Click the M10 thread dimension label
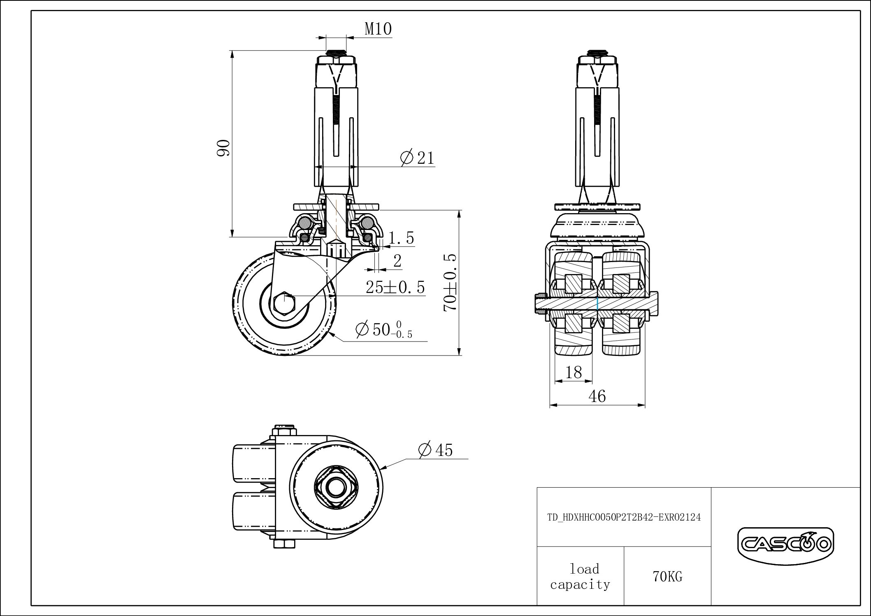[378, 29]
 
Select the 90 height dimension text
[223, 148]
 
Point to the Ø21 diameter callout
[417, 158]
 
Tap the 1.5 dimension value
[401, 238]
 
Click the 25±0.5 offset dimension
[395, 287]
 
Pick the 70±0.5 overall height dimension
[451, 282]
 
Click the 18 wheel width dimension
[574, 372]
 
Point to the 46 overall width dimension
[597, 396]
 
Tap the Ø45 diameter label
[435, 450]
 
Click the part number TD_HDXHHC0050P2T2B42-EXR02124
[624, 517]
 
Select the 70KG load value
[667, 577]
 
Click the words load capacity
[580, 576]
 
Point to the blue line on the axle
[597, 304]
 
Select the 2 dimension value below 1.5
[397, 261]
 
